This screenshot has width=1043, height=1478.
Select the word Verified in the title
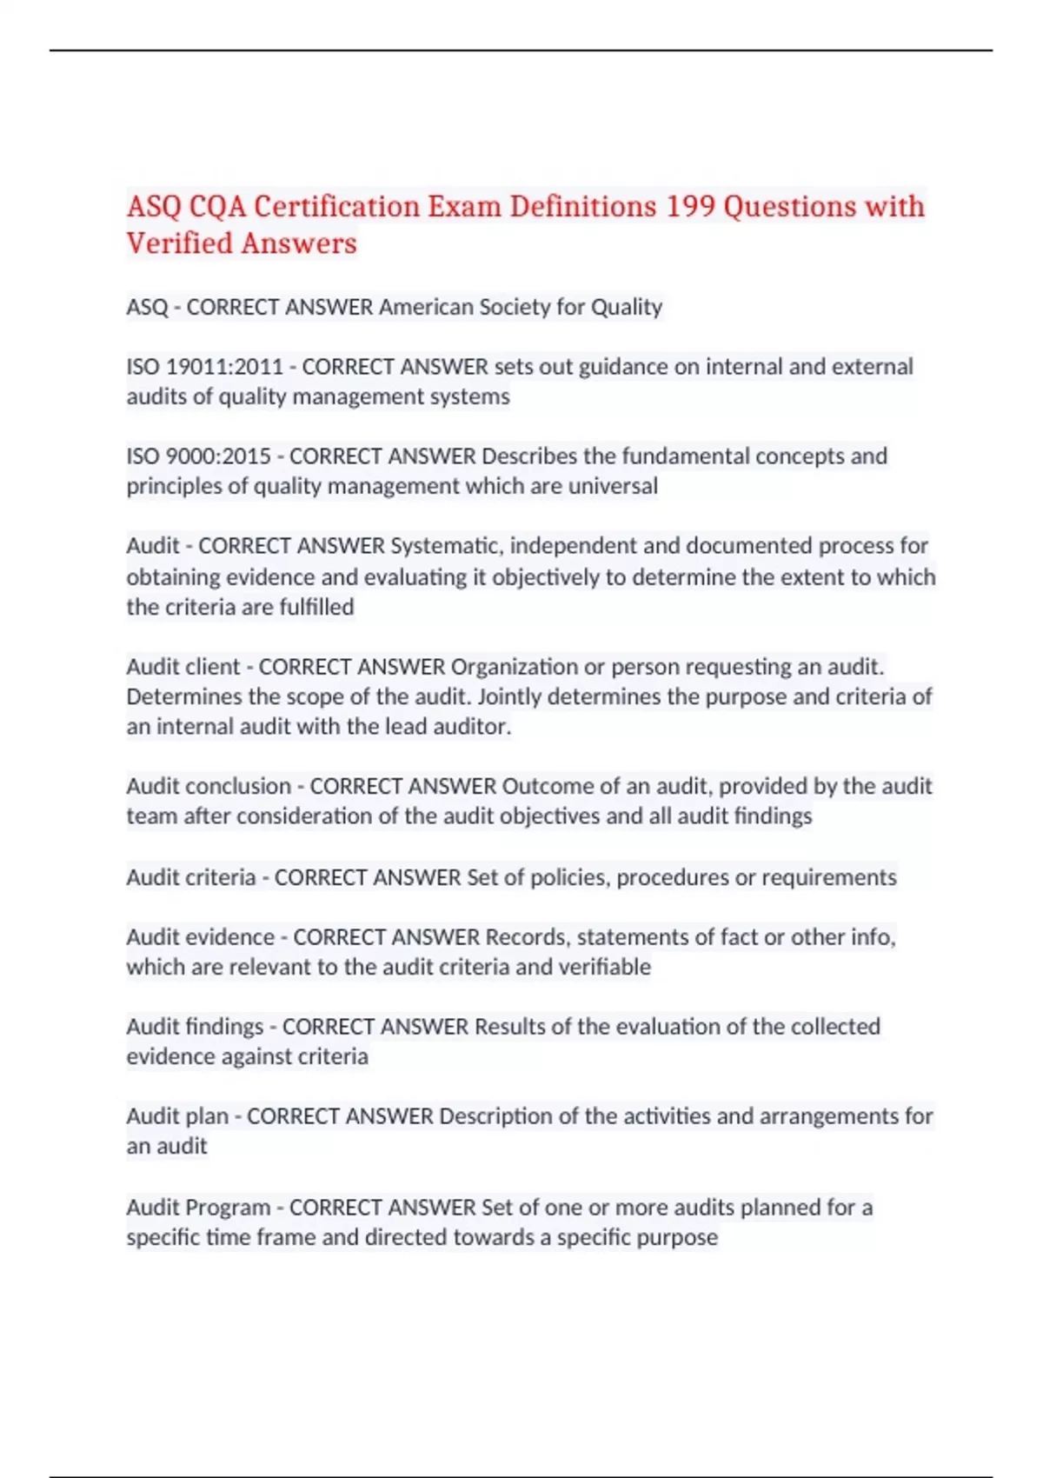click(179, 243)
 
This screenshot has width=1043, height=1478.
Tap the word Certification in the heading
click(336, 207)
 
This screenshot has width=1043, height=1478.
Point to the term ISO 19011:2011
click(205, 367)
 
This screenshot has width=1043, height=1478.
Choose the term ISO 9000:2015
click(199, 456)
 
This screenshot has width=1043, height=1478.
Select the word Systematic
click(446, 546)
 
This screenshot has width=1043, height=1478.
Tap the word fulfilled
click(316, 607)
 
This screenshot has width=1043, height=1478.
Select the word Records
click(525, 937)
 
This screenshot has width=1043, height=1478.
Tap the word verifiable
click(607, 968)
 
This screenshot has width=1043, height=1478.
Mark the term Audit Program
click(198, 1208)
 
